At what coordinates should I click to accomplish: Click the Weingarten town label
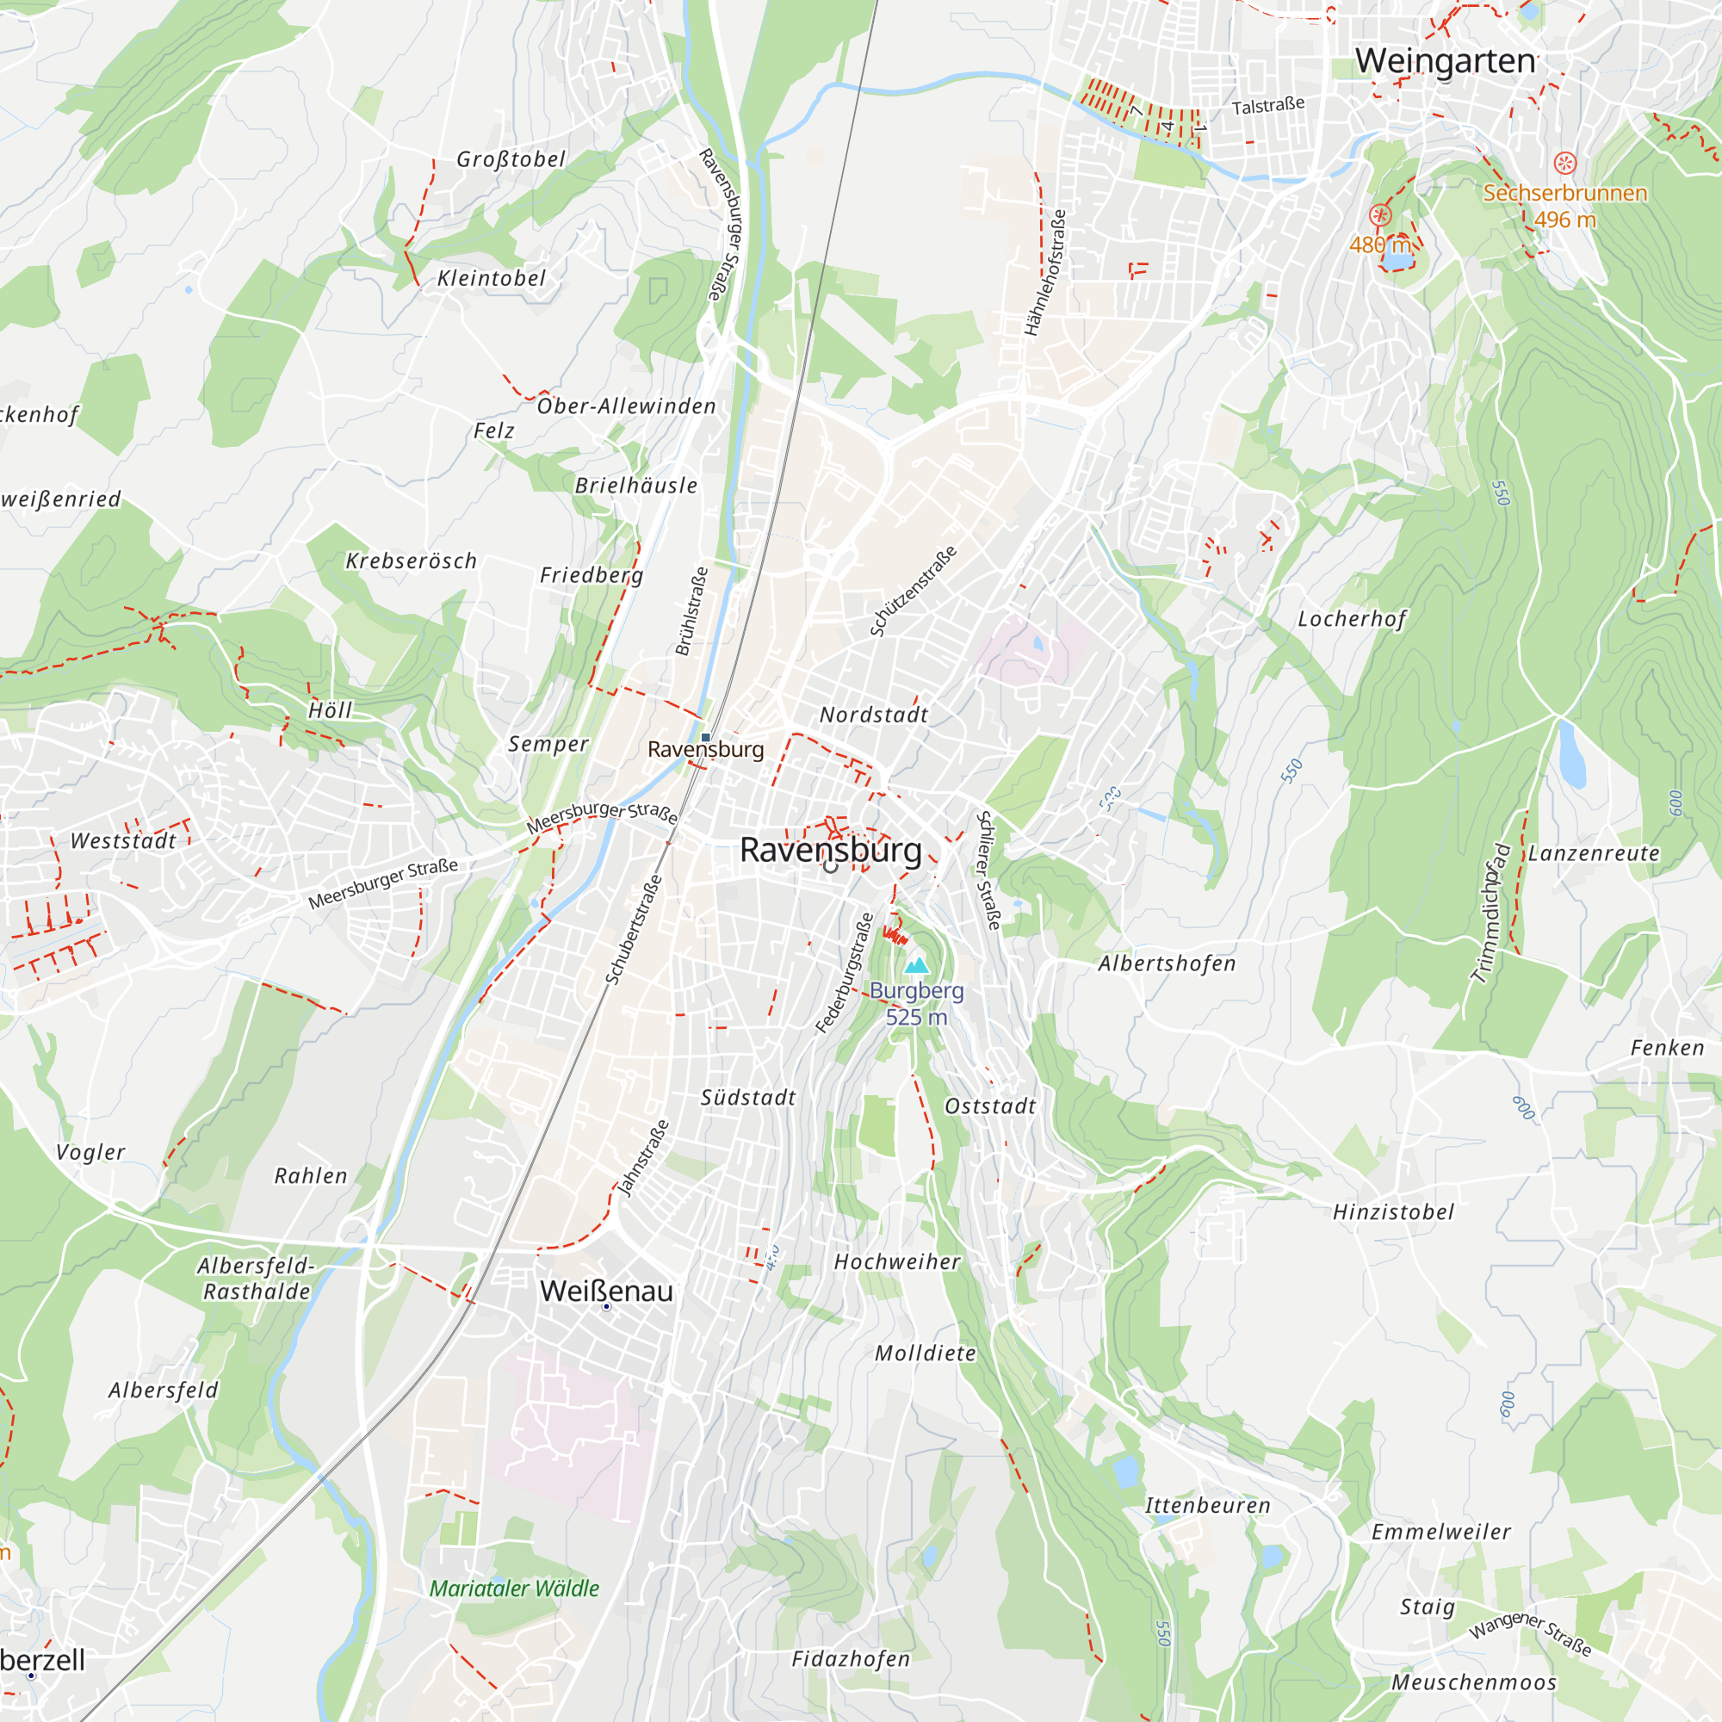coord(1445,61)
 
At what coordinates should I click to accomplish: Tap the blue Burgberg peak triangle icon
coord(916,965)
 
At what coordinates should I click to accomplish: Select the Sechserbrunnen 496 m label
coord(1564,205)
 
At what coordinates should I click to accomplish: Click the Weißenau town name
coord(606,1291)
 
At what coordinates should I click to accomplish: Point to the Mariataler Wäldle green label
coord(514,1589)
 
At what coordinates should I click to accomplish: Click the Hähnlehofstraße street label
coord(1044,273)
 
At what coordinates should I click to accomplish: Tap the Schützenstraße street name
coord(913,591)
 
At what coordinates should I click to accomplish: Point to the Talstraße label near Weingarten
coord(1267,106)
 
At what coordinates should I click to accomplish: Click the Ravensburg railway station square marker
coord(706,737)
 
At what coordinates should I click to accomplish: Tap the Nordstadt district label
coord(873,715)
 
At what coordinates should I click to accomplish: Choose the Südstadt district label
coord(748,1098)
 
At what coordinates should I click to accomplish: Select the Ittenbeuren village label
coord(1208,1505)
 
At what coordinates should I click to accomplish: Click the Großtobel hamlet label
coord(511,159)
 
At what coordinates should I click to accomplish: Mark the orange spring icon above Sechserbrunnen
coord(1565,163)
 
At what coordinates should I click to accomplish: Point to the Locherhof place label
coord(1351,619)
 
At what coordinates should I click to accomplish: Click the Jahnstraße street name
coord(642,1158)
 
